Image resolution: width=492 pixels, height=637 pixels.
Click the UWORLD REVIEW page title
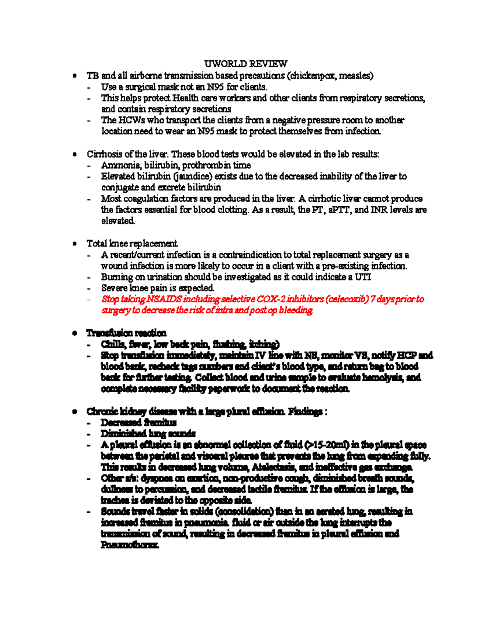click(x=246, y=64)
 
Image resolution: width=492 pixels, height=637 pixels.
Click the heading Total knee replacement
click(x=132, y=244)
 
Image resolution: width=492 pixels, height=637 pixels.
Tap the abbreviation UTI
click(x=363, y=277)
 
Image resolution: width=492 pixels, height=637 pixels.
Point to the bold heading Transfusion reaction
click(x=126, y=333)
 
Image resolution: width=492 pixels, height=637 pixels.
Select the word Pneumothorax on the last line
click(x=130, y=545)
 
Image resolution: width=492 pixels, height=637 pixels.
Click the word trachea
click(x=114, y=500)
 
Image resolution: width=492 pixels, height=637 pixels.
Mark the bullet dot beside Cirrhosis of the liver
click(x=74, y=155)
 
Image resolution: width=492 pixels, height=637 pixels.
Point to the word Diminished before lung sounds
click(x=123, y=434)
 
